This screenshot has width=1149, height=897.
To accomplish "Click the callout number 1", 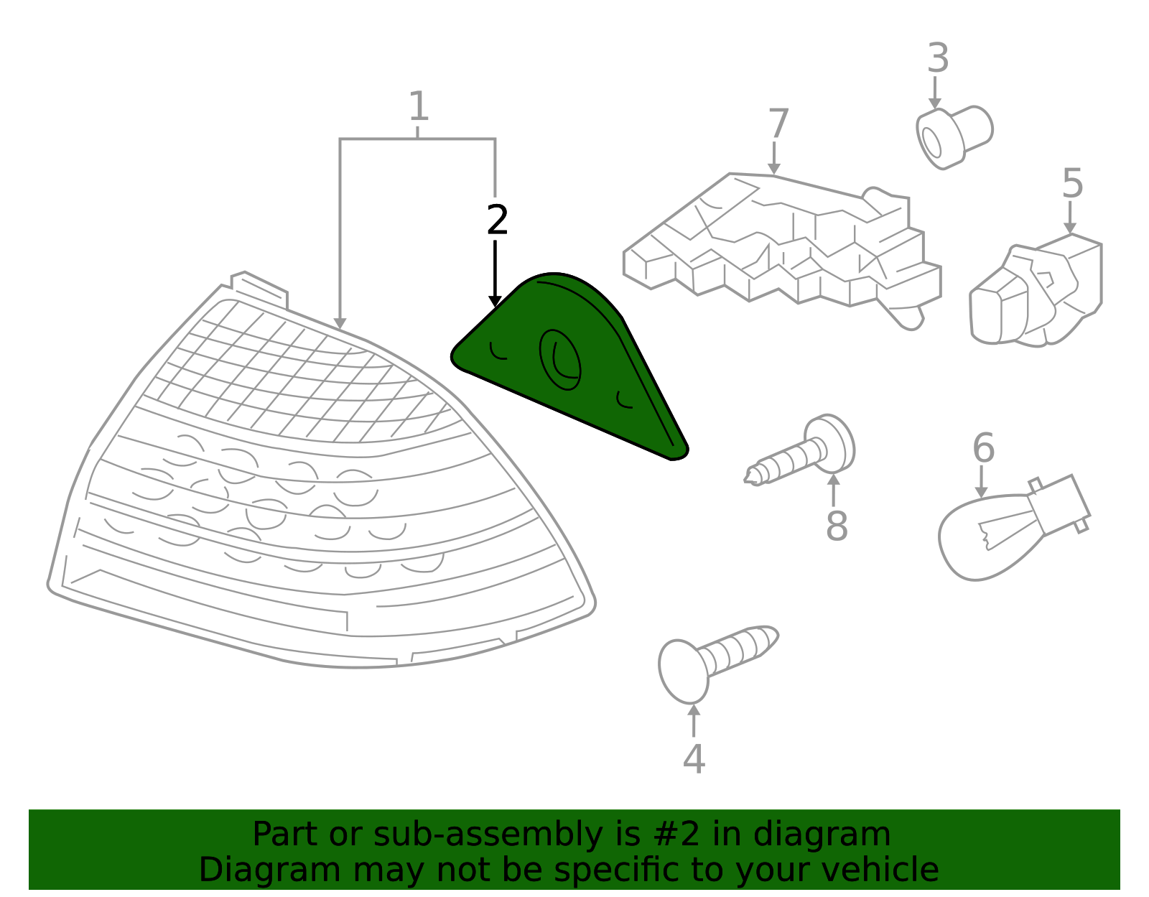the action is click(419, 106).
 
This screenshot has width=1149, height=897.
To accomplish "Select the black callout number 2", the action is click(497, 219).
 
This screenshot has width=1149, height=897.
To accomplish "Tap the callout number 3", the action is click(938, 57).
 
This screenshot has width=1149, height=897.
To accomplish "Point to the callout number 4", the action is click(694, 758).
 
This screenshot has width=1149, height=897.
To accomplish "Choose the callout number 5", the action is click(1073, 183).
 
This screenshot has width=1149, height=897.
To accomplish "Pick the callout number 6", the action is click(984, 447).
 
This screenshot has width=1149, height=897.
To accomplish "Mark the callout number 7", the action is click(778, 123).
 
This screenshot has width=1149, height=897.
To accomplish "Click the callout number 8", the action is click(837, 526).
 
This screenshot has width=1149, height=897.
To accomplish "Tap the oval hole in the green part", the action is click(560, 360).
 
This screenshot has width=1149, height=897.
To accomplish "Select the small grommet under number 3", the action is click(954, 137).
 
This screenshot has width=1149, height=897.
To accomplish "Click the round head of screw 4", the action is click(683, 671).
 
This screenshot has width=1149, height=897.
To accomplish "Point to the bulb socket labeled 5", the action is click(1036, 291).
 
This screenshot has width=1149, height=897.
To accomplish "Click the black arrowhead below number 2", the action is click(495, 302).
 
